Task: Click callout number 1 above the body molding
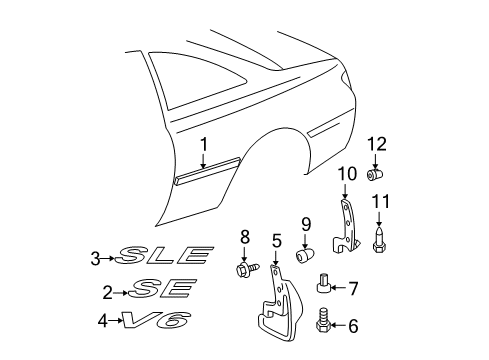coord(203,146)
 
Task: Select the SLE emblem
coord(165,259)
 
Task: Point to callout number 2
coord(107,292)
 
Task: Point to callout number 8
coord(244,236)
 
